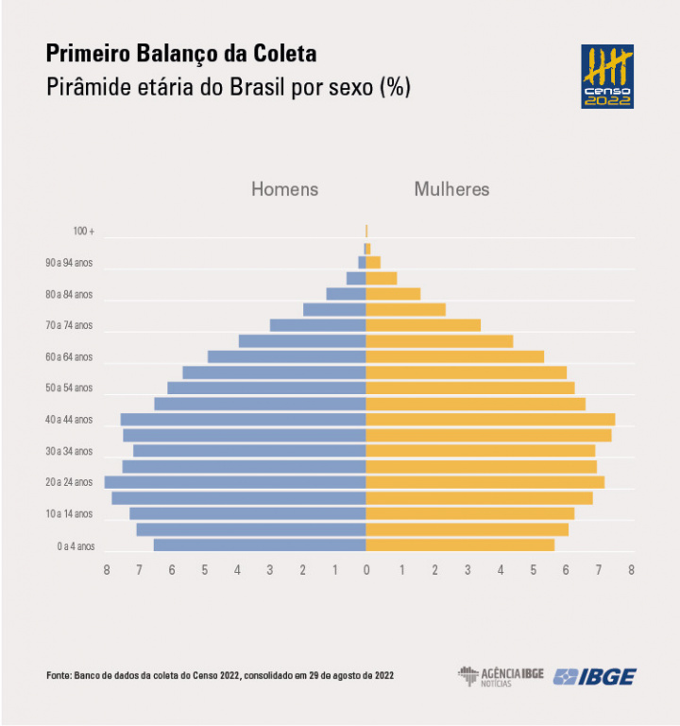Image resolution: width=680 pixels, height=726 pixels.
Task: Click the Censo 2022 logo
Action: coord(606,76)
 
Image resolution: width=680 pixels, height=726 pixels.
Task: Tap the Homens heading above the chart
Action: coord(284,189)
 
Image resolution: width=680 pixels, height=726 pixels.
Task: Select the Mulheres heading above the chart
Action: coord(451,189)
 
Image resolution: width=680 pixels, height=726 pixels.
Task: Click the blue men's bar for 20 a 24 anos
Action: coord(235,482)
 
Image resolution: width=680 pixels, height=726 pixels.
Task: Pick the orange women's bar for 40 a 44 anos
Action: coord(490,419)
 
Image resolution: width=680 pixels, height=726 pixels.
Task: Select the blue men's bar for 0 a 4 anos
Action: coord(260,544)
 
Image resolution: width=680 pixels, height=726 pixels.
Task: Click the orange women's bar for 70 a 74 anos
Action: coord(423,325)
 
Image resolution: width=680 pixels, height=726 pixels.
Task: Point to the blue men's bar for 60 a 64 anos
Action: coord(287,356)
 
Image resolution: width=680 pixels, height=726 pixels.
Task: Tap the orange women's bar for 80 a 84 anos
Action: coord(393,294)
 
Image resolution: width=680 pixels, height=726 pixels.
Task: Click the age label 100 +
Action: coord(84,232)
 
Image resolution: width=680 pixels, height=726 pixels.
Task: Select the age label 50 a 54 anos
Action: coord(69,389)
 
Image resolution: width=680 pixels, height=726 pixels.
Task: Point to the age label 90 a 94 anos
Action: coord(69,263)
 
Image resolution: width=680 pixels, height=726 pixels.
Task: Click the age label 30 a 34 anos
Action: coord(69,451)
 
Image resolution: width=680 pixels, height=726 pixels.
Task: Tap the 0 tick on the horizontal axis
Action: coord(366,570)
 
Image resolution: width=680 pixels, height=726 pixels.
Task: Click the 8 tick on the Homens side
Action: coord(107,570)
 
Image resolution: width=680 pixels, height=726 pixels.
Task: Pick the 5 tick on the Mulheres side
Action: coord(533,570)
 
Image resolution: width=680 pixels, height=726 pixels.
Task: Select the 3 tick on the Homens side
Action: coord(269,570)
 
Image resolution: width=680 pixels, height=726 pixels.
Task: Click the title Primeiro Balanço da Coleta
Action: coord(181,53)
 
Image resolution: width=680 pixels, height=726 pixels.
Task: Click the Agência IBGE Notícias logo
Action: coord(501,676)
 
